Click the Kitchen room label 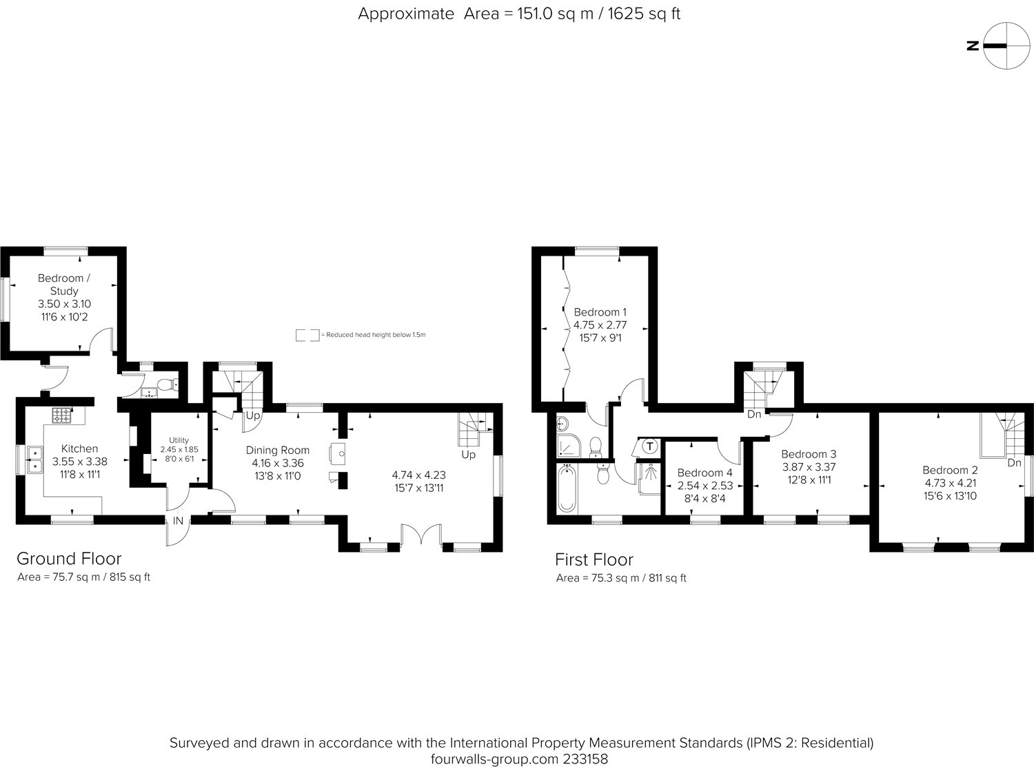[x=79, y=449]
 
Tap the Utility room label [x=179, y=440]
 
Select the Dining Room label [x=278, y=450]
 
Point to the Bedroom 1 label [x=600, y=312]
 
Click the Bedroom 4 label [x=704, y=473]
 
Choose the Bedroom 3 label [x=809, y=454]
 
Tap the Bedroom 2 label [x=950, y=470]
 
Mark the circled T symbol [x=649, y=446]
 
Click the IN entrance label [x=178, y=521]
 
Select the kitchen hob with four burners [x=62, y=415]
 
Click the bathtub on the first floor [x=567, y=489]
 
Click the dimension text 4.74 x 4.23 [x=419, y=475]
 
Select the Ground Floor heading [x=69, y=559]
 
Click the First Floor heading [x=594, y=559]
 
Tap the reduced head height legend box [x=307, y=335]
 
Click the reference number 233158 [x=585, y=759]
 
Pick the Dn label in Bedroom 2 [x=1014, y=463]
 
